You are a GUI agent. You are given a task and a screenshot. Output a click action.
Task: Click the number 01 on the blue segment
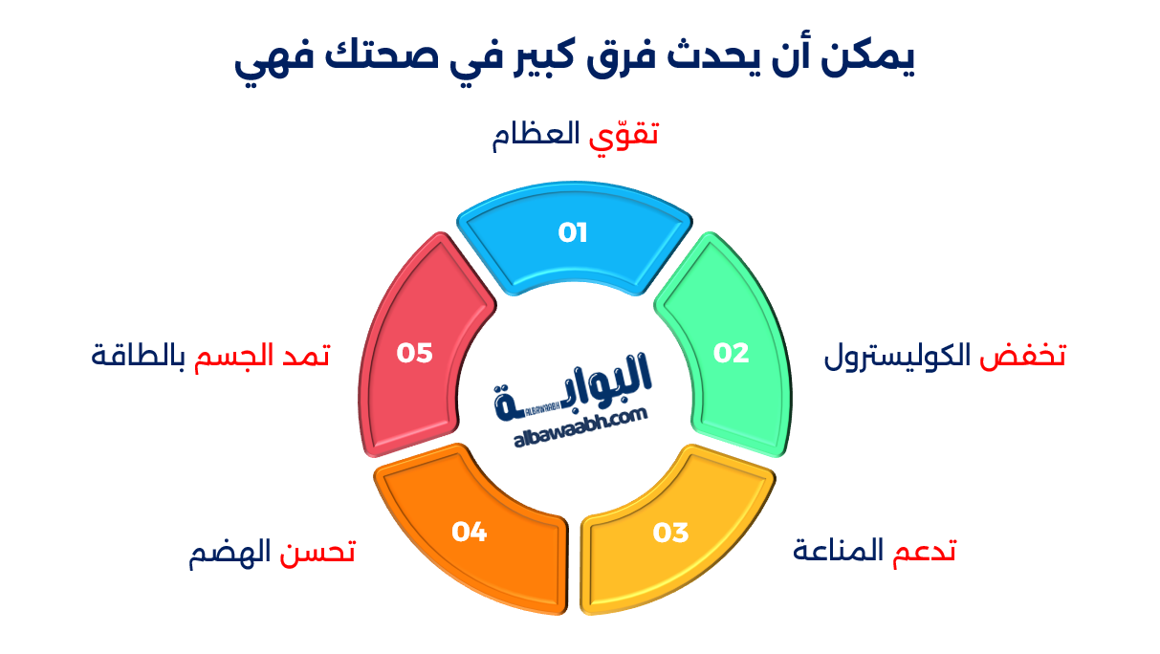572,232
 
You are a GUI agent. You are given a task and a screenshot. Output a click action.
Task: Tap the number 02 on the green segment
731,353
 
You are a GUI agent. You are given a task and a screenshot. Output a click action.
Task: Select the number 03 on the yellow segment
670,533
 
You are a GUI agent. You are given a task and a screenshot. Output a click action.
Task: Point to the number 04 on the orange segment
470,532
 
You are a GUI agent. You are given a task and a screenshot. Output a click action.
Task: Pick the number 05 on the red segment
414,353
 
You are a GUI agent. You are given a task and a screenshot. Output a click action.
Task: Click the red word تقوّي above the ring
624,137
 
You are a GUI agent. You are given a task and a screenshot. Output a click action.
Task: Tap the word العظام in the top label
536,136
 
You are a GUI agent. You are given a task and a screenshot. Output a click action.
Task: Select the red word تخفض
1022,357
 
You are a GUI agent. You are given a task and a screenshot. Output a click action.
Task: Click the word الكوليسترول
897,357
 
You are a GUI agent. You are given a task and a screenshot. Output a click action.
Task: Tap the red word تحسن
317,552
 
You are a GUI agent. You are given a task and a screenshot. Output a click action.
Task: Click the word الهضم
230,553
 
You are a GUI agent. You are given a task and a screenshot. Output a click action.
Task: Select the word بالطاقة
139,357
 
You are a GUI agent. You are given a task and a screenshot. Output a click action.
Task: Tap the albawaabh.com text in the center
580,426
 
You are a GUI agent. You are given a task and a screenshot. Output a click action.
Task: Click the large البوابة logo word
572,387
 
